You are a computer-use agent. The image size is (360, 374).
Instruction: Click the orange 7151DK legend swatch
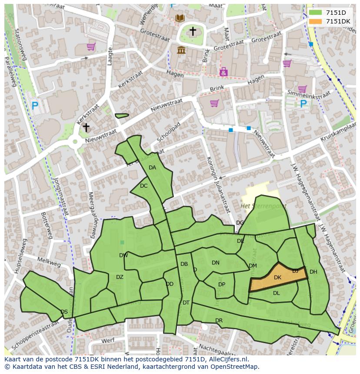coord(316,21)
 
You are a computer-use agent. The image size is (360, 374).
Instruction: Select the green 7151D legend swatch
coord(316,13)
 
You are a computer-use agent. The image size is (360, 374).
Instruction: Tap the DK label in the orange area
coord(278,278)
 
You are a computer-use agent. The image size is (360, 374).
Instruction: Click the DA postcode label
coord(152,168)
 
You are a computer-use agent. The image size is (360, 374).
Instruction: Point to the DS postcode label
coord(64,312)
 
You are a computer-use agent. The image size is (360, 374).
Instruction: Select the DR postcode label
coord(219,321)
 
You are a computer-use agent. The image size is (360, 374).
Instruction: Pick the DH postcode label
coord(313,272)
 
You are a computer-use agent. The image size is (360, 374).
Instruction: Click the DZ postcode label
coord(120,277)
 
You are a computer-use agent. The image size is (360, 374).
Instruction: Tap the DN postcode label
coord(215,263)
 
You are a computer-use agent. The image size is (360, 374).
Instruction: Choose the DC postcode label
coord(144,186)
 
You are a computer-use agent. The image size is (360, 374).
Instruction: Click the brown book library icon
coord(180,18)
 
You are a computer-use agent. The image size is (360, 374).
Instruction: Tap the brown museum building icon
coord(181,50)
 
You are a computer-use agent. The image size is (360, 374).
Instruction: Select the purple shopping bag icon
coord(223,72)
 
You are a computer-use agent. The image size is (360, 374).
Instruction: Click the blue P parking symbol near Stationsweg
coord(35,105)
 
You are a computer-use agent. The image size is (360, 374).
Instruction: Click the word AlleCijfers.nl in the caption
coord(226,359)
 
